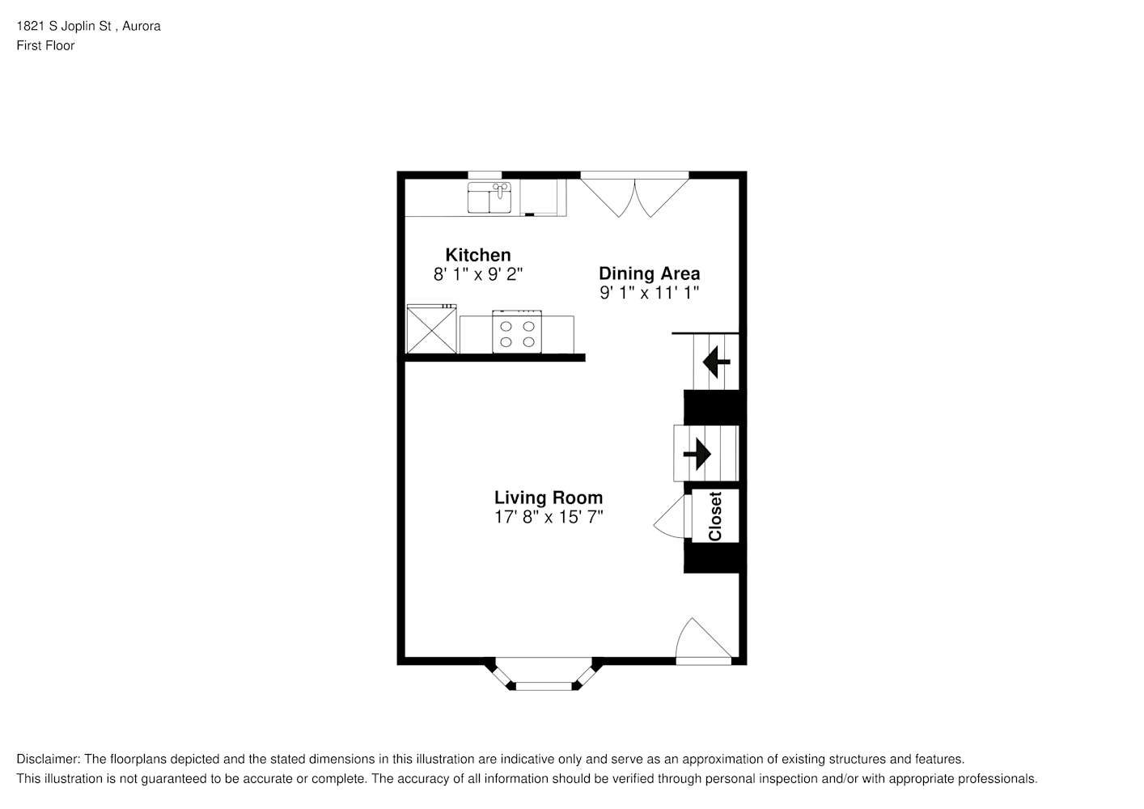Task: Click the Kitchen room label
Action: pyautogui.click(x=477, y=254)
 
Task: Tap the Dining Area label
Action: pyautogui.click(x=649, y=273)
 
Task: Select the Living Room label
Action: pyautogui.click(x=549, y=498)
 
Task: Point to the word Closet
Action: pyautogui.click(x=715, y=516)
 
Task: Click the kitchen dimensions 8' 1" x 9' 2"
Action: pyautogui.click(x=478, y=274)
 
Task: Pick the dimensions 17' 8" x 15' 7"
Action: pyautogui.click(x=549, y=517)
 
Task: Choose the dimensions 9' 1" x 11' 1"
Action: pyautogui.click(x=649, y=293)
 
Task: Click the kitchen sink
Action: pyautogui.click(x=489, y=197)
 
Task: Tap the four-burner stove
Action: pyautogui.click(x=517, y=332)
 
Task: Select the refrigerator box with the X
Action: pyautogui.click(x=431, y=328)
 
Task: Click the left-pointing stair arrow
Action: pyautogui.click(x=716, y=362)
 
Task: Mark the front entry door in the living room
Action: pyautogui.click(x=704, y=642)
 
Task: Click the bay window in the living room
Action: pyautogui.click(x=544, y=674)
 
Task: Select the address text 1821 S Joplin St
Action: pyautogui.click(x=64, y=26)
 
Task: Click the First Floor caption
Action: pyautogui.click(x=45, y=45)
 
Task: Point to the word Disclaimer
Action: pyautogui.click(x=49, y=759)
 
